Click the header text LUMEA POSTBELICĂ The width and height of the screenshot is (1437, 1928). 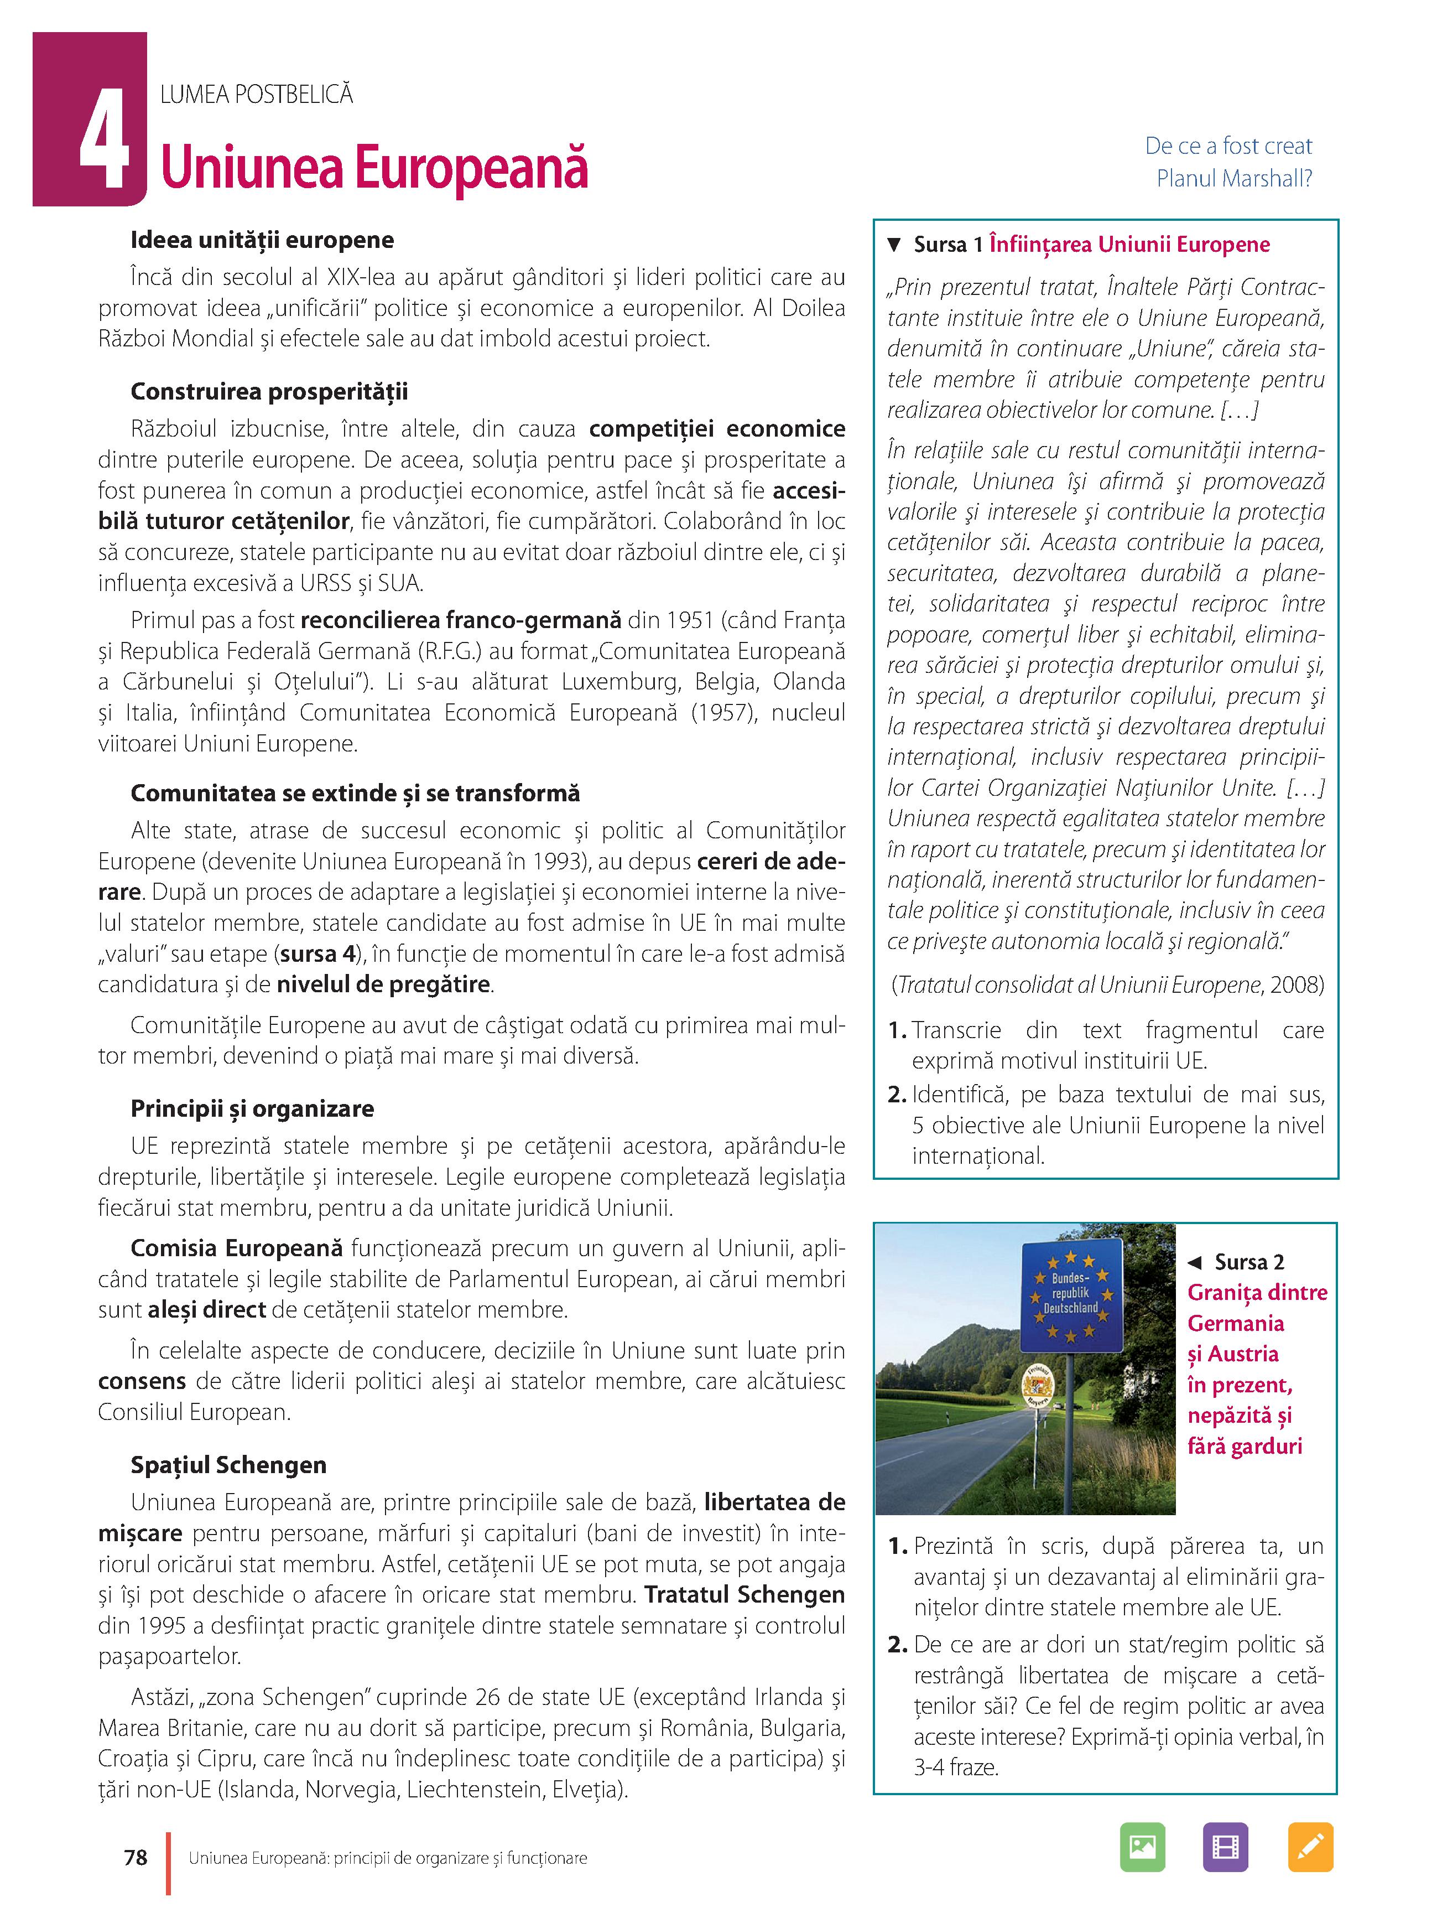pos(257,94)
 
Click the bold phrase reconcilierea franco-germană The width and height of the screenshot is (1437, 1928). pos(461,620)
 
